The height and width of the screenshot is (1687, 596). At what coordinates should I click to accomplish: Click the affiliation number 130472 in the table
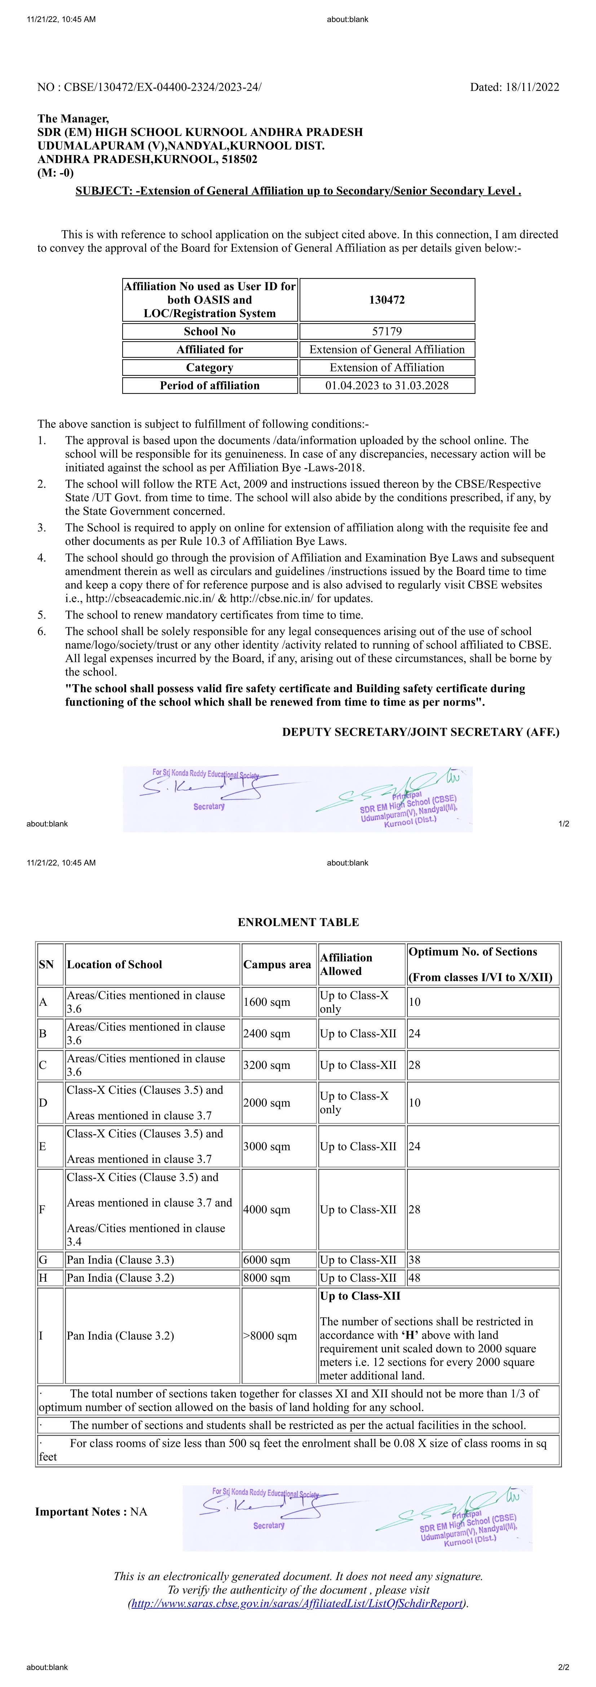(x=387, y=300)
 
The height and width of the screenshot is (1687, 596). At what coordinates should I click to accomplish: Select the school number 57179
(x=387, y=331)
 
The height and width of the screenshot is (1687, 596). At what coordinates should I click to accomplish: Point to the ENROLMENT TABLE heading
(x=298, y=922)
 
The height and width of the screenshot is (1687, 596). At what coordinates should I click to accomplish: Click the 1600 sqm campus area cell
(x=266, y=1002)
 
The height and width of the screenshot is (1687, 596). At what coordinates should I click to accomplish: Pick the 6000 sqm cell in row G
(x=266, y=1259)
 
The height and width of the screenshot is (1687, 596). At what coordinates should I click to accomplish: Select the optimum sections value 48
(x=415, y=1278)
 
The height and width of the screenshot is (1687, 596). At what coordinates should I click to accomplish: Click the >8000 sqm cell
(x=270, y=1336)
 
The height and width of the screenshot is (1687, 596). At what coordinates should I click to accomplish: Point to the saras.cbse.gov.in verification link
(x=298, y=1603)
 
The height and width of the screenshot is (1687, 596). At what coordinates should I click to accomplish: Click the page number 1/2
(x=563, y=824)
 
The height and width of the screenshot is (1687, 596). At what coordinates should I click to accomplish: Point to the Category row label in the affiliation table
(x=209, y=367)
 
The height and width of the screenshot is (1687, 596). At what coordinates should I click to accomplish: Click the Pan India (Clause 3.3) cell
(x=120, y=1259)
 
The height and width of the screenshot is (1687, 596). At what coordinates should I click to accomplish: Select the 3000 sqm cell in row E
(x=266, y=1146)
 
